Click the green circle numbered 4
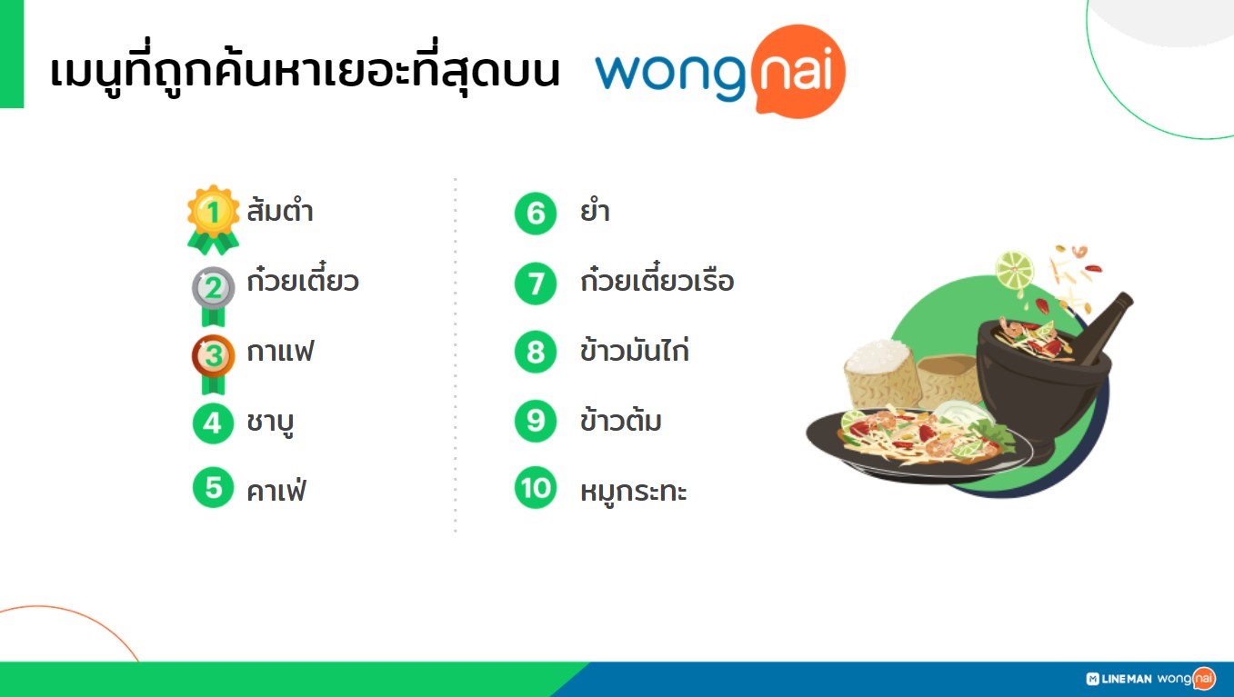[x=213, y=423]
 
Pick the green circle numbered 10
[x=536, y=488]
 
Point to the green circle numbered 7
[x=536, y=284]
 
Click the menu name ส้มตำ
[x=280, y=210]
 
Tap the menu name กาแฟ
[x=280, y=352]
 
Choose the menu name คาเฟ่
[x=276, y=489]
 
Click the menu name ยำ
[x=595, y=211]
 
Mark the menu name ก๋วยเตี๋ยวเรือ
[x=657, y=279]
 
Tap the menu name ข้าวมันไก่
[x=635, y=350]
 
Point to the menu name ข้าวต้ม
[x=621, y=420]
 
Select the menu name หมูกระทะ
[x=634, y=491]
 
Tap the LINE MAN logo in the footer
[x=1119, y=679]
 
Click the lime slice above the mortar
[x=1015, y=271]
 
